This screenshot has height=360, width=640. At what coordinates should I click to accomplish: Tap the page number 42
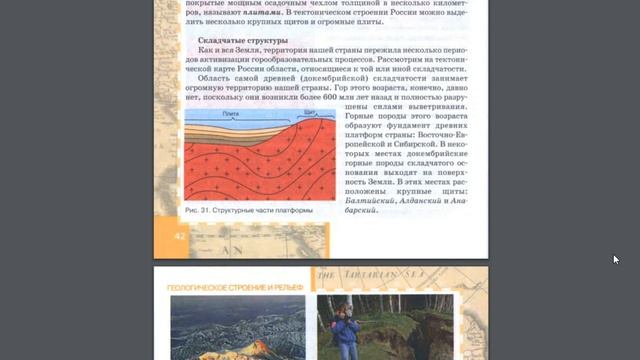click(180, 235)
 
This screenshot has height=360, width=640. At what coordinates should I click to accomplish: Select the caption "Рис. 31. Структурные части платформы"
click(249, 211)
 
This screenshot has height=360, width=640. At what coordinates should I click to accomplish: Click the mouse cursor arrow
click(616, 260)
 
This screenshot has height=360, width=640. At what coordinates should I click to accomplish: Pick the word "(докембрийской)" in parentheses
click(305, 76)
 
